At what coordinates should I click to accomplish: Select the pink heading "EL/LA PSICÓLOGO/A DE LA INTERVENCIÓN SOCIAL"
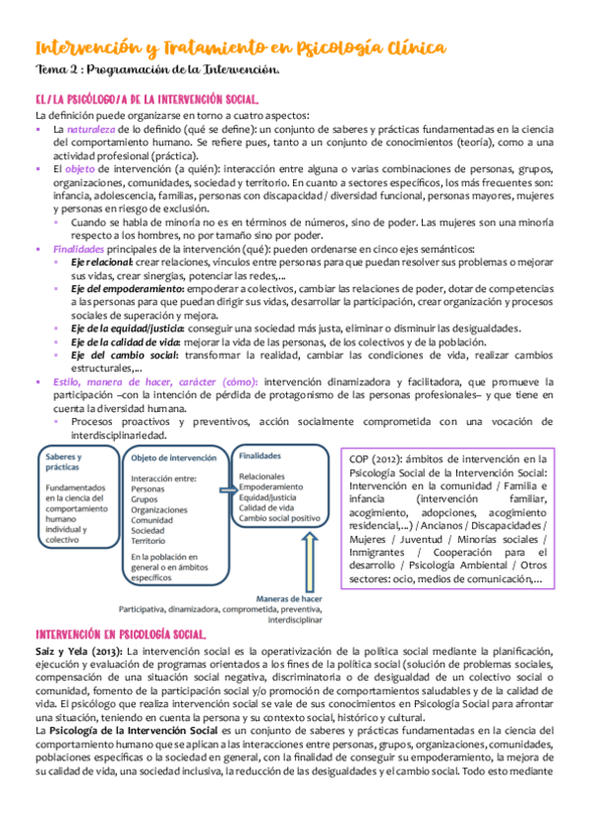point(147,100)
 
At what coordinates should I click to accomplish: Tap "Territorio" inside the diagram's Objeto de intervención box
point(148,540)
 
